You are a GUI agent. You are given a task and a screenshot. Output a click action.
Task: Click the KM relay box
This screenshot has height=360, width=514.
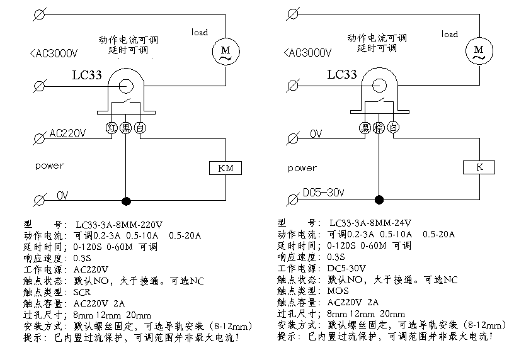(225, 168)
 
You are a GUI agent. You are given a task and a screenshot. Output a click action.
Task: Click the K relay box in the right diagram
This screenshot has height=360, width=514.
(478, 168)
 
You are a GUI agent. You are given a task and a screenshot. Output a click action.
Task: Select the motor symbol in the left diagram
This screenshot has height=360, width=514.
(225, 51)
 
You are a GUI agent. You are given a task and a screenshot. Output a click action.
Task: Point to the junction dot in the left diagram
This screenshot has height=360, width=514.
(126, 201)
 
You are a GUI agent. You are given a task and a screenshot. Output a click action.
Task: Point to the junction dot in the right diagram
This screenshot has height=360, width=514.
(379, 200)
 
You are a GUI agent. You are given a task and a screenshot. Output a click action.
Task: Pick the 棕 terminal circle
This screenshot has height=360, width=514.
(379, 128)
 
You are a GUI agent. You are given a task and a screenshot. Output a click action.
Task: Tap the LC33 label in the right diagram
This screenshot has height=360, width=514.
(342, 74)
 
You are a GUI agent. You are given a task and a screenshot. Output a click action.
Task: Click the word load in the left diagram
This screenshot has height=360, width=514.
(200, 32)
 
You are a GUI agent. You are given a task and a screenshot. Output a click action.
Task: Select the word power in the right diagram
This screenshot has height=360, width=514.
(302, 168)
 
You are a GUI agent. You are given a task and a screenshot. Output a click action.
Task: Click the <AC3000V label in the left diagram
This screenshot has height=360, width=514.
(54, 53)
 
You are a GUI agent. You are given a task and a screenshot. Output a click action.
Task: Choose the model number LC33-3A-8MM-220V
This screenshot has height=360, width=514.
(119, 224)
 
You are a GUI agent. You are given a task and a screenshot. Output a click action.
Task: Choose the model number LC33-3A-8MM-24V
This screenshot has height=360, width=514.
(370, 223)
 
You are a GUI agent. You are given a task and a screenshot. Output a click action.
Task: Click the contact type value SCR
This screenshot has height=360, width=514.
(83, 292)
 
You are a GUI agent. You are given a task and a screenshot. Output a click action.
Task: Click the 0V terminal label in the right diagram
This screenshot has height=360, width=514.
(316, 134)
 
